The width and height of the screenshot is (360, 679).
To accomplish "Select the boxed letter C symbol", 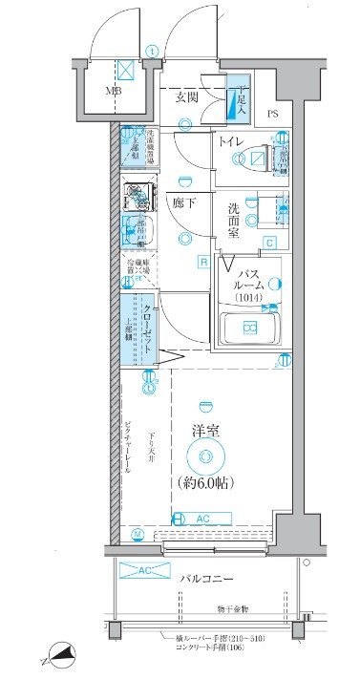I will pyautogui.click(x=270, y=243).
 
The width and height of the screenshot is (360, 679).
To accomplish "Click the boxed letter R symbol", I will pyautogui.click(x=203, y=261).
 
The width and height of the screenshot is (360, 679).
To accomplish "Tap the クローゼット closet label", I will pyautogui.click(x=149, y=328).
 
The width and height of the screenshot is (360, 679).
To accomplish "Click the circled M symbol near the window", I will pyautogui.click(x=138, y=533).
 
